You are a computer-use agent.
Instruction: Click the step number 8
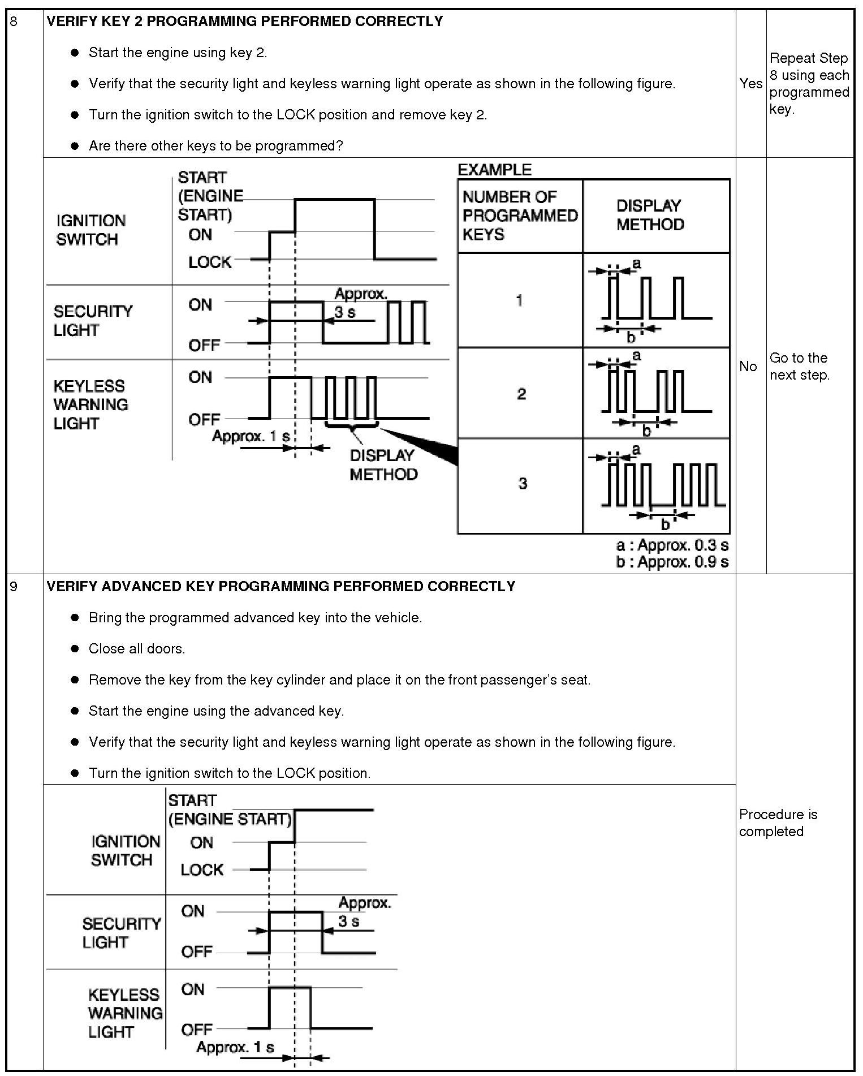(x=14, y=22)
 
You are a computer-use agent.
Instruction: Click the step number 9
(x=14, y=587)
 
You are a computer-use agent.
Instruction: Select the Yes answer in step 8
(x=750, y=84)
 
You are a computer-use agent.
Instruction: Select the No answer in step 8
(x=748, y=367)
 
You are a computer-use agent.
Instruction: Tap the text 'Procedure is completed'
(x=778, y=823)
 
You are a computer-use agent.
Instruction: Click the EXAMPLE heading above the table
(x=494, y=170)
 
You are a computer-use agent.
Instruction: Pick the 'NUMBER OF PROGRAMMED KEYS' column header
(x=519, y=216)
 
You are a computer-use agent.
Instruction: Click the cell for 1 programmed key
(x=519, y=300)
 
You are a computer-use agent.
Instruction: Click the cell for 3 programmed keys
(x=522, y=484)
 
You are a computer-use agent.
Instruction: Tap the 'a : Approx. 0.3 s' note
(x=672, y=545)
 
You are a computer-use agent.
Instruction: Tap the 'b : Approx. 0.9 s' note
(x=672, y=562)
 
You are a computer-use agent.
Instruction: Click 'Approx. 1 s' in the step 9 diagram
(x=235, y=1047)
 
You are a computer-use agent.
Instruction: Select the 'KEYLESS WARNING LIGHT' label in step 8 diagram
(x=90, y=404)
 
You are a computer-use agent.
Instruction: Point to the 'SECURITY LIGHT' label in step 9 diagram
(x=121, y=933)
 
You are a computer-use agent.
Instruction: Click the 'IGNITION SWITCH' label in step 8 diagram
(x=90, y=230)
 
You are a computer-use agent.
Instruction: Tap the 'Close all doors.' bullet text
(x=137, y=649)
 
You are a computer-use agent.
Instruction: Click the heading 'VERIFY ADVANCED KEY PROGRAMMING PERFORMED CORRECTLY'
(x=281, y=587)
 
